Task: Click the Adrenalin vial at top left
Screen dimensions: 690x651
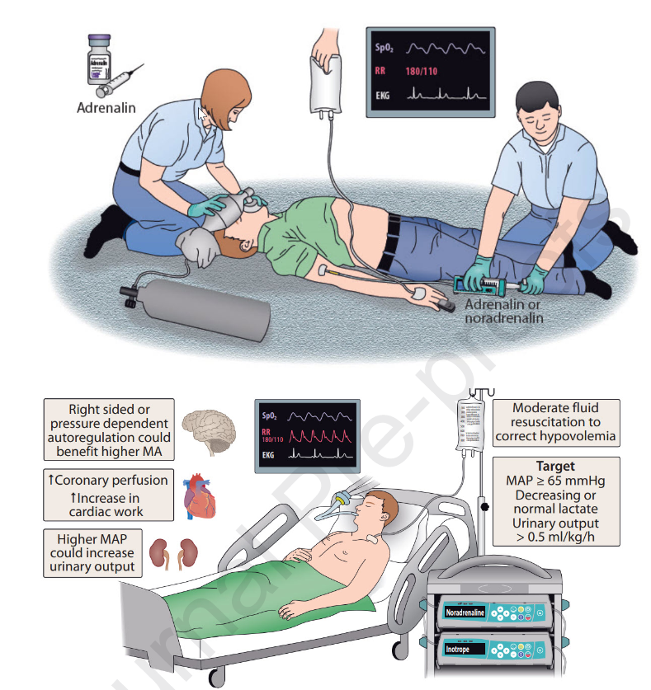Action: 99,59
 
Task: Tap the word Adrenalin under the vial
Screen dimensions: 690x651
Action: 106,107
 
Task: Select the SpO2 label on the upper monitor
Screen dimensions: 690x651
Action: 384,49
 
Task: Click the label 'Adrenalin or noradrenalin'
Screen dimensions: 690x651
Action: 503,311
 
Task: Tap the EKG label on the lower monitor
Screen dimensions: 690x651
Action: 268,453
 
